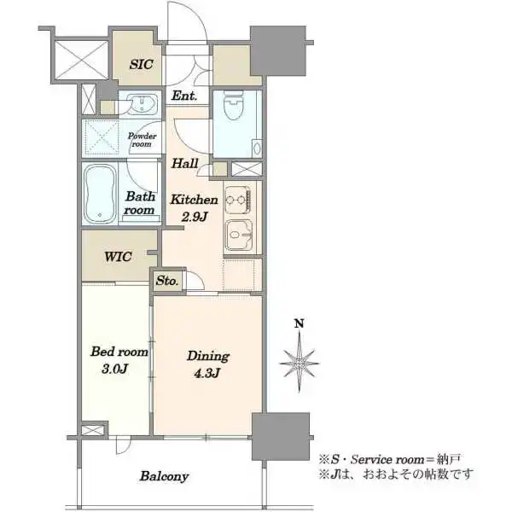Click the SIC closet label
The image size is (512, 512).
(x=141, y=64)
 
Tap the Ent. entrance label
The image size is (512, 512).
(x=184, y=96)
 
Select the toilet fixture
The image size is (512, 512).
(x=234, y=105)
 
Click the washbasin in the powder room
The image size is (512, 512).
(x=142, y=104)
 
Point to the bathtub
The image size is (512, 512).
(x=100, y=194)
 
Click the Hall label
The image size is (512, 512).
(x=185, y=163)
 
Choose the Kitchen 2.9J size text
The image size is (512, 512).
(x=194, y=217)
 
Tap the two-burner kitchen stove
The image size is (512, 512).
(x=238, y=200)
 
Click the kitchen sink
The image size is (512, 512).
(x=239, y=235)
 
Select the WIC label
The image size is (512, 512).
(x=118, y=256)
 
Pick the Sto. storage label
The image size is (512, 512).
(x=167, y=281)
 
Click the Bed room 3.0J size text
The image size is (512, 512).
(x=114, y=369)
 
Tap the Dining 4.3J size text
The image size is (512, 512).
(x=207, y=373)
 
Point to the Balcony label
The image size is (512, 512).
(x=164, y=476)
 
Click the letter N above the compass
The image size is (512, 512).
(x=300, y=323)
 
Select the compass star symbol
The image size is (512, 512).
(x=300, y=363)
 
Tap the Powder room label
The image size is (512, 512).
(x=142, y=140)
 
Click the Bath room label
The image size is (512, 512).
(x=139, y=203)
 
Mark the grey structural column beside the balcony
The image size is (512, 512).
(x=281, y=436)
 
